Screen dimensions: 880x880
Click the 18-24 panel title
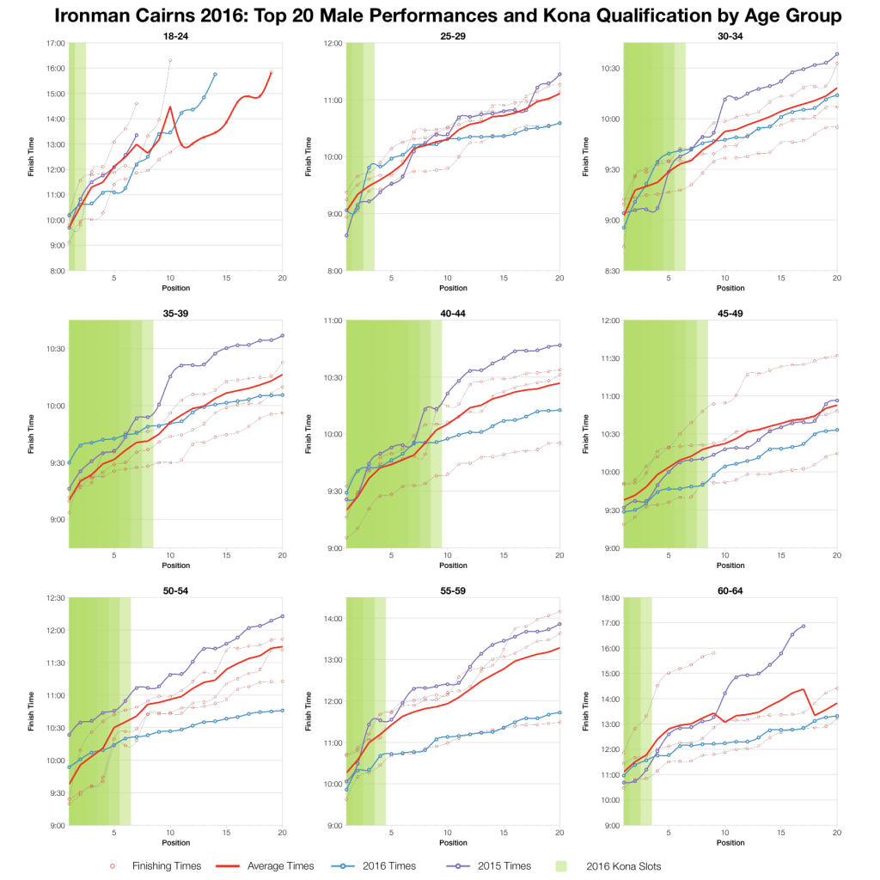click(x=175, y=35)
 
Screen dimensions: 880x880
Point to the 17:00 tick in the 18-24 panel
click(x=56, y=43)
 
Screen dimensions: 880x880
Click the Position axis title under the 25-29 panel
click(x=453, y=287)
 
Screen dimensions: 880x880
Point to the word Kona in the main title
click(x=608, y=15)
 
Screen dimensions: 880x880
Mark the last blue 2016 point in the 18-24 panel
click(x=215, y=75)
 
